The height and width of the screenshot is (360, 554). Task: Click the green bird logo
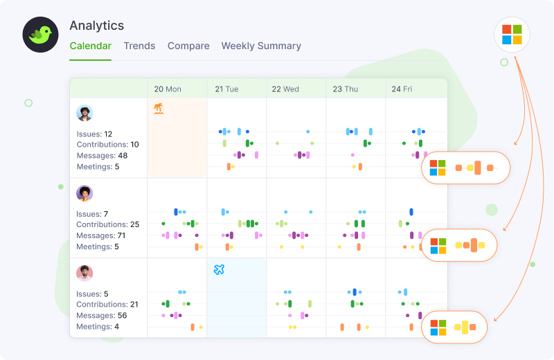click(x=40, y=35)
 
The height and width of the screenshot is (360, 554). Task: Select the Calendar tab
click(x=90, y=46)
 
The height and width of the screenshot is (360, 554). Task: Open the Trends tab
click(x=139, y=46)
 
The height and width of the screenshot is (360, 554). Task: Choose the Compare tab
click(x=188, y=46)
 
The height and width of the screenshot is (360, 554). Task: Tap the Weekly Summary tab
click(x=261, y=46)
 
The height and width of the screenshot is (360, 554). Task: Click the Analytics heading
click(x=97, y=26)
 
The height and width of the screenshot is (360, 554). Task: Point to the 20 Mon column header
click(x=168, y=89)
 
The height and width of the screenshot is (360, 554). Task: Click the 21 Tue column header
click(x=226, y=89)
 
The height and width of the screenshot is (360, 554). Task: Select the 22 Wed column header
click(x=285, y=89)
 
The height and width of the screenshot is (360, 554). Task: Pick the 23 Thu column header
click(x=346, y=89)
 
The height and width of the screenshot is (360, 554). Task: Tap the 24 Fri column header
click(x=402, y=89)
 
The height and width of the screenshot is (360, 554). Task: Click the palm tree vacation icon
click(x=159, y=109)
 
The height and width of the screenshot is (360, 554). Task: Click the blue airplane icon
click(x=219, y=269)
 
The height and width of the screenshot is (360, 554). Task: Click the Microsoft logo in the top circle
click(x=512, y=35)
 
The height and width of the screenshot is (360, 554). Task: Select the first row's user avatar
click(x=84, y=114)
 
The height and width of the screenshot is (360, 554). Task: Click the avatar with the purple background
click(x=84, y=193)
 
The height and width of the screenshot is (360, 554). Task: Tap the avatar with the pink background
click(x=84, y=273)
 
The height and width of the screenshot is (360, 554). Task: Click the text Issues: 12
click(x=94, y=134)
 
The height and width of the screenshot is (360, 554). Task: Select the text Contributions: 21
click(x=107, y=305)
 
